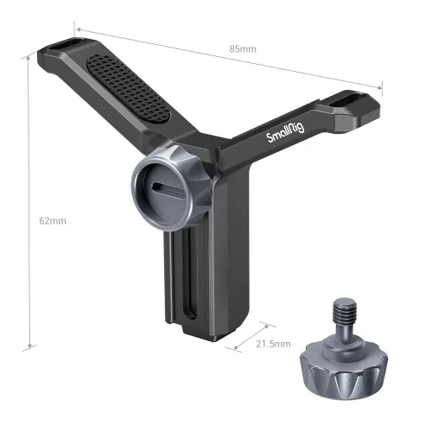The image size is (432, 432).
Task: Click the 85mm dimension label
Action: (243, 48)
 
